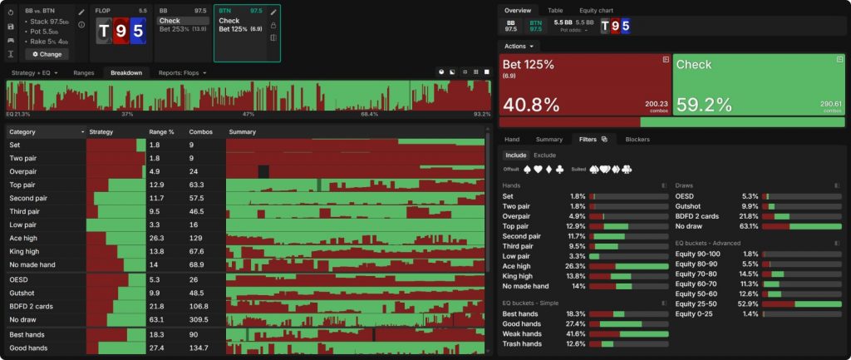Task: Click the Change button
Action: coord(47,54)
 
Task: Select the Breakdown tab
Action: coord(126,72)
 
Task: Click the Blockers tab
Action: coord(637,139)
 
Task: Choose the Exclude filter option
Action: coord(544,155)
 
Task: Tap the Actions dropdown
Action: coord(519,46)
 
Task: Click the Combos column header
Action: coord(201,131)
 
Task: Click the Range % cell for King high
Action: coord(157,251)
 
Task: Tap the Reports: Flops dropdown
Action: coord(182,72)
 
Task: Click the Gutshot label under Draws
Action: coord(690,205)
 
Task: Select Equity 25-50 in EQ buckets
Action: coord(697,303)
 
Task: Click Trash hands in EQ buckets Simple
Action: coord(522,343)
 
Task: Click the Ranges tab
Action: coord(84,72)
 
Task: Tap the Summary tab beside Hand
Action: coord(549,139)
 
